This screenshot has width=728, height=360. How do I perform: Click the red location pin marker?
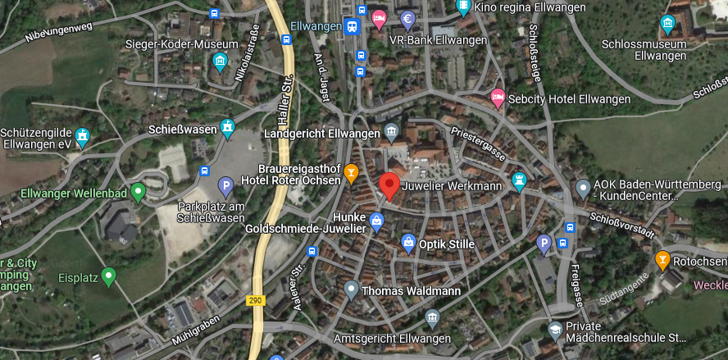click(389, 185)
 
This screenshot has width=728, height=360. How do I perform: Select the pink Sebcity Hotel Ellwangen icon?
click(498, 98)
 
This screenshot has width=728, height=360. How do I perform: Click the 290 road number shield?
click(255, 301)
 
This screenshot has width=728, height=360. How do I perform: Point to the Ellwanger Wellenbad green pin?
click(138, 193)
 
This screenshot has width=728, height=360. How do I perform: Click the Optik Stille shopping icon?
click(407, 243)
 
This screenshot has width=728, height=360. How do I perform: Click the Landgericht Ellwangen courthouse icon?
click(391, 132)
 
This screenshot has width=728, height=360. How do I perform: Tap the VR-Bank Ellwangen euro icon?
click(407, 19)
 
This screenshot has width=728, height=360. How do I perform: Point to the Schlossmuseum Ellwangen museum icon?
click(667, 24)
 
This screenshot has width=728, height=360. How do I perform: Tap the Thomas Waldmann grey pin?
click(351, 289)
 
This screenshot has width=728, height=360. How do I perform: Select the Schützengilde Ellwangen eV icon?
click(81, 136)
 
